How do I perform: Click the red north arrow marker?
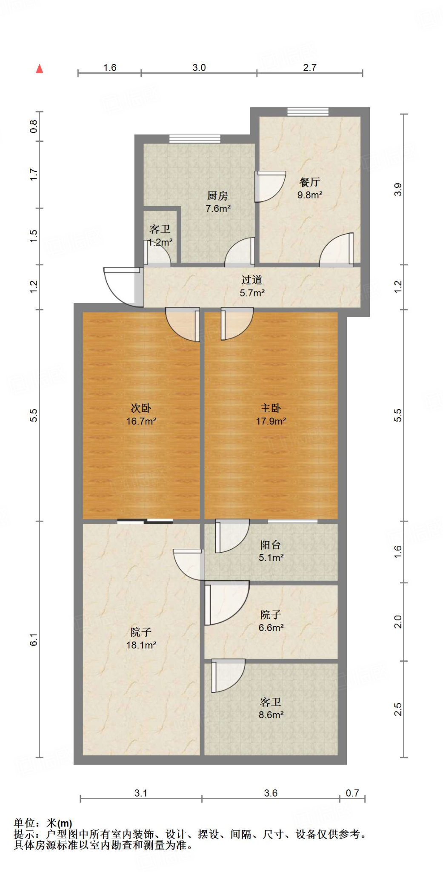40,69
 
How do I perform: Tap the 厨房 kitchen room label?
217,196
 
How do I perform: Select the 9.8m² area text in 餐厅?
309,195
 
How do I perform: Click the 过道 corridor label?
252,280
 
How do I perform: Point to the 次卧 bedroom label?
141,408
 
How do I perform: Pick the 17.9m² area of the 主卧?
271,421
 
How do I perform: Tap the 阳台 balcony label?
271,545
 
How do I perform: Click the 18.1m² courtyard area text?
141,645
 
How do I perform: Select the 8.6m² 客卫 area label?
271,715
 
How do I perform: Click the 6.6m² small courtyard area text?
271,628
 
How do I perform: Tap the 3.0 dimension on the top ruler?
199,68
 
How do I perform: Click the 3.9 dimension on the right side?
398,189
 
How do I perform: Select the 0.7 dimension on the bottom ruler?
352,793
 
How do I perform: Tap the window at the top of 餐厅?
308,112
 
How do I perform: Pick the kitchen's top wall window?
195,139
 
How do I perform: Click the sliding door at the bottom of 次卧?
145,521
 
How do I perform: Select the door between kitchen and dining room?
268,186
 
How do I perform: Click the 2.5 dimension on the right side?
398,709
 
